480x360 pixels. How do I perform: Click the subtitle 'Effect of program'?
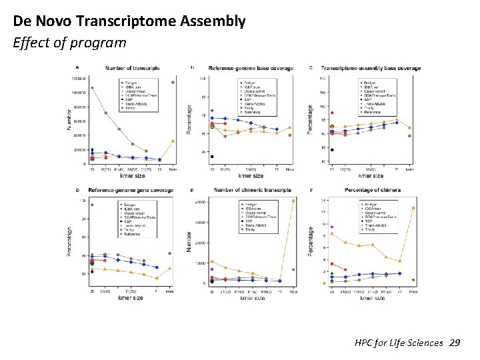[x=69, y=43]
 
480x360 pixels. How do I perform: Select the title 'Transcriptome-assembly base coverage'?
[x=371, y=68]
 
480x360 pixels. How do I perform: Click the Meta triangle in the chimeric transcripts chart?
[x=293, y=201]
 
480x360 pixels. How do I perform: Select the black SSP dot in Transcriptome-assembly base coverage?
[x=332, y=149]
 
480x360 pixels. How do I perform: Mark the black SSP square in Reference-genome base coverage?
[x=212, y=157]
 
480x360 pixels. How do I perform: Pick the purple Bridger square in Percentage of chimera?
[x=332, y=227]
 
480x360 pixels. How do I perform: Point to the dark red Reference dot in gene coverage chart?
[x=92, y=205]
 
